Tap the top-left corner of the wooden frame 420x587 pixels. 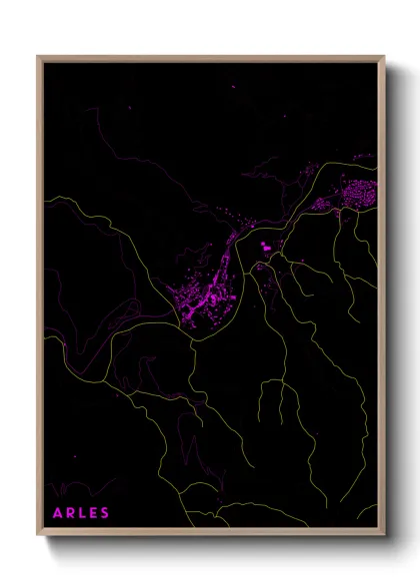click(38, 57)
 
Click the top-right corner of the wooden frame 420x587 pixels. click(384, 57)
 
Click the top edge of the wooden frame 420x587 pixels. click(210, 57)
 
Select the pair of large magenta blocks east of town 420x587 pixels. click(265, 246)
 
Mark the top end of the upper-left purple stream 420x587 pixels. click(97, 109)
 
